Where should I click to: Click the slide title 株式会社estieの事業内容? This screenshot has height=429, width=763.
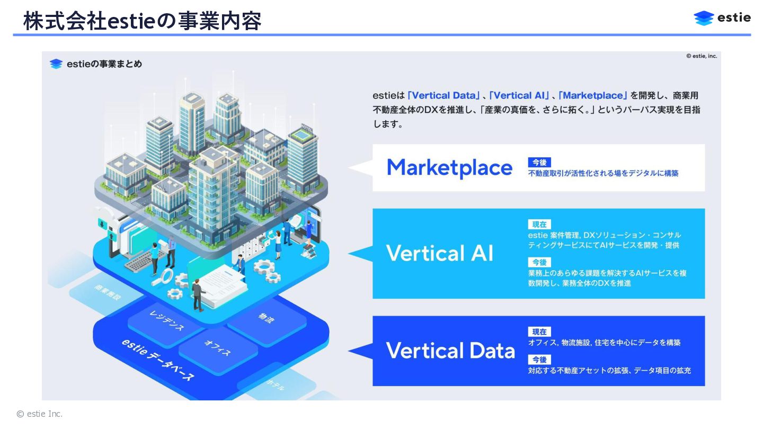point(142,22)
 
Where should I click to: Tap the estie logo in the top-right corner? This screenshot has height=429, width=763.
point(722,18)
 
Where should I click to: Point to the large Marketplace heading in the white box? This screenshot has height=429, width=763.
point(449,168)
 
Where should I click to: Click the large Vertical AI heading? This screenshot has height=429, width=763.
point(439,253)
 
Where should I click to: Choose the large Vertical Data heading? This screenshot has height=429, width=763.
point(450,351)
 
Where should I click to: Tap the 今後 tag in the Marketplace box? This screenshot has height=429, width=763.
point(539,162)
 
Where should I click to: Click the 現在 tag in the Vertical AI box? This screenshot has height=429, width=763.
point(539,224)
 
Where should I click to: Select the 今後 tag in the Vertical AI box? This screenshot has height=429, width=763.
point(539,262)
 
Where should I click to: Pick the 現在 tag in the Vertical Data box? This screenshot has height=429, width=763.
point(539,332)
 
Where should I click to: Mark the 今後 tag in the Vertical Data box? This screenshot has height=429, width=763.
point(539,359)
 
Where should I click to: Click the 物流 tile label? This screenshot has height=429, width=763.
point(267,318)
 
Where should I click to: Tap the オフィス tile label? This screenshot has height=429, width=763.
point(217,348)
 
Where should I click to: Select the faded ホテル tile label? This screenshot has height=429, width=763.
point(275,385)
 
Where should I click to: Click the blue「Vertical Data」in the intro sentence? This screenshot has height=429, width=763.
point(443,96)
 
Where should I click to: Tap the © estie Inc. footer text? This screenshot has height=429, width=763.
point(40,414)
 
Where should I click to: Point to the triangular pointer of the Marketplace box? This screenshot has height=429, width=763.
point(359,167)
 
